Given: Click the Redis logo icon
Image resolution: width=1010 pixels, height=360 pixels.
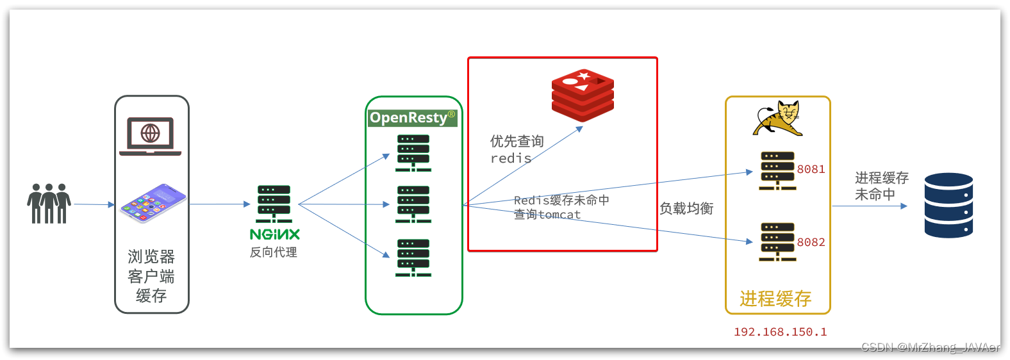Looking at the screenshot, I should (583, 95).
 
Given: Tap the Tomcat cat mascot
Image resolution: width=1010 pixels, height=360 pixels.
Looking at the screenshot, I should (778, 118).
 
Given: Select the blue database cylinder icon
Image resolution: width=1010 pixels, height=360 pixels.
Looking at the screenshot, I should (948, 206).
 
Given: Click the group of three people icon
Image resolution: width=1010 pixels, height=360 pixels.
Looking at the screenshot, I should (49, 204).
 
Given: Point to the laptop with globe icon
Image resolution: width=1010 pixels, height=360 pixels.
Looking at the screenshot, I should (151, 136).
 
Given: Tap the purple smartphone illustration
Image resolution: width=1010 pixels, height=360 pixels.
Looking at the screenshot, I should (153, 203).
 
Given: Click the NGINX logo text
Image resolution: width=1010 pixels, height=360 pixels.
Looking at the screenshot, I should (274, 234).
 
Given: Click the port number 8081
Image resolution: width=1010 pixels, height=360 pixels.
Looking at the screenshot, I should (811, 169).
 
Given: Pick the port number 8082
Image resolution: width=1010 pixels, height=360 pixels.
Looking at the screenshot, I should (811, 242).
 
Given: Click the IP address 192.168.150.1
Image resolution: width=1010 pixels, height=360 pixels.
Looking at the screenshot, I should (780, 332).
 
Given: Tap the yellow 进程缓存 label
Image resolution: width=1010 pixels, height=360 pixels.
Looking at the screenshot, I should (775, 299).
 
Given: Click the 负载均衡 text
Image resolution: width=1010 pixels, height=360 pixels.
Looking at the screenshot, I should (686, 208).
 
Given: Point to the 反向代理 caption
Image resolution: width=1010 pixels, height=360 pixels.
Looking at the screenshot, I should (274, 252).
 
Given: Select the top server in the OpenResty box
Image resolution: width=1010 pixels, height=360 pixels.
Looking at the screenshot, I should (413, 153).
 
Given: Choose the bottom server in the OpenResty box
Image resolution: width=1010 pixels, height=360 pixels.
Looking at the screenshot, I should (413, 258).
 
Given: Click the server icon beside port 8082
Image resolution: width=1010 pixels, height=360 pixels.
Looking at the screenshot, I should (777, 241).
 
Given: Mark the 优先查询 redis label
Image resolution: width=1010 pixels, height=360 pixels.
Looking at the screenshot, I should (517, 149).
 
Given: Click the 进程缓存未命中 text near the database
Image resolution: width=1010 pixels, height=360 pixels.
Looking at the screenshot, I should (881, 186).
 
